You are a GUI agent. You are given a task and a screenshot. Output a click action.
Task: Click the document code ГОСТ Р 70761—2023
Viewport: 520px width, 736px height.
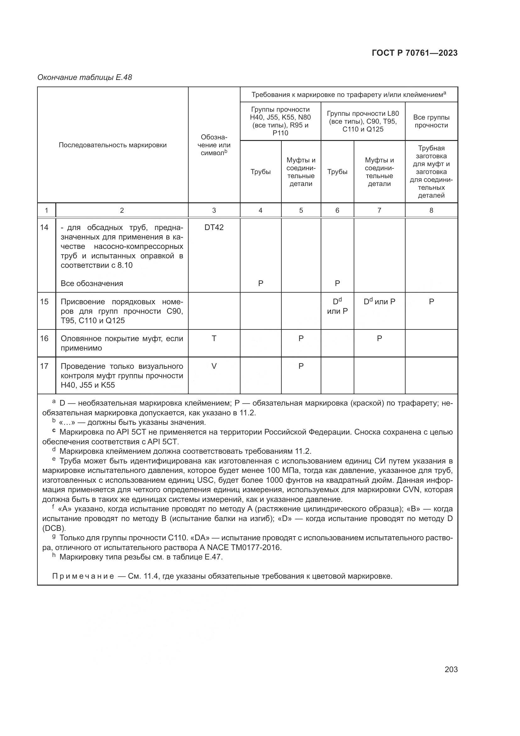pyautogui.click(x=415, y=53)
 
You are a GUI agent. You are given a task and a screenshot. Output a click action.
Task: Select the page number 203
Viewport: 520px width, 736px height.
pyautogui.click(x=451, y=669)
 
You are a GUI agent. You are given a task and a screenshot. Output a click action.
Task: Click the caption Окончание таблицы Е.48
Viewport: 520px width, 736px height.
pyautogui.click(x=85, y=77)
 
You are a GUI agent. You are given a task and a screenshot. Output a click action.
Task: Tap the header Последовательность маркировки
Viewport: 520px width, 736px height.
pyautogui.click(x=113, y=145)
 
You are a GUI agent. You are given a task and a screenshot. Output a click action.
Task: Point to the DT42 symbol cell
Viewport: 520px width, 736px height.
pyautogui.click(x=214, y=228)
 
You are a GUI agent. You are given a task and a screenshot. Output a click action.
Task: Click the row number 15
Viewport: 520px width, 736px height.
pyautogui.click(x=44, y=302)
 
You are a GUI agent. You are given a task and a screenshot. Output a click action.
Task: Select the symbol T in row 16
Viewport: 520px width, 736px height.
pyautogui.click(x=214, y=339)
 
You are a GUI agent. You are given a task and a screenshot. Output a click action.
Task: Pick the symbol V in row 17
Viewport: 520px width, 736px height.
pyautogui.click(x=214, y=366)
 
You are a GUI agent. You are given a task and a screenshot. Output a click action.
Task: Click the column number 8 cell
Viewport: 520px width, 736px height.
pyautogui.click(x=431, y=211)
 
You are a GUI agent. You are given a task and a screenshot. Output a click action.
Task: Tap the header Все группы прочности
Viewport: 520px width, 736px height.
pyautogui.click(x=431, y=121)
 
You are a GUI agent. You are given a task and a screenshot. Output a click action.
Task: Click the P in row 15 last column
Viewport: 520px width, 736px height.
pyautogui.click(x=431, y=302)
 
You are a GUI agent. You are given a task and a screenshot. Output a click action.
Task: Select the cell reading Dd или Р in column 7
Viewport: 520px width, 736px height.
pyautogui.click(x=379, y=302)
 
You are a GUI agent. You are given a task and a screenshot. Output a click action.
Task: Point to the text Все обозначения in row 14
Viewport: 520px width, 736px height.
pyautogui.click(x=92, y=284)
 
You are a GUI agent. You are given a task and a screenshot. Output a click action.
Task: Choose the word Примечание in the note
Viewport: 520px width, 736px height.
pyautogui.click(x=83, y=576)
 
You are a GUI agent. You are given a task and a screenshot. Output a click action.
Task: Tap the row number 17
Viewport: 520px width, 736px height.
pyautogui.click(x=44, y=366)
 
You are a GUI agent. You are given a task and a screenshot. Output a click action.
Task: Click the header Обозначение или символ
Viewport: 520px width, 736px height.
pyautogui.click(x=214, y=145)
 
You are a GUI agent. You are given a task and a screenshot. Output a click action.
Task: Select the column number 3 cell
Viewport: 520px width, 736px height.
pyautogui.click(x=214, y=211)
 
